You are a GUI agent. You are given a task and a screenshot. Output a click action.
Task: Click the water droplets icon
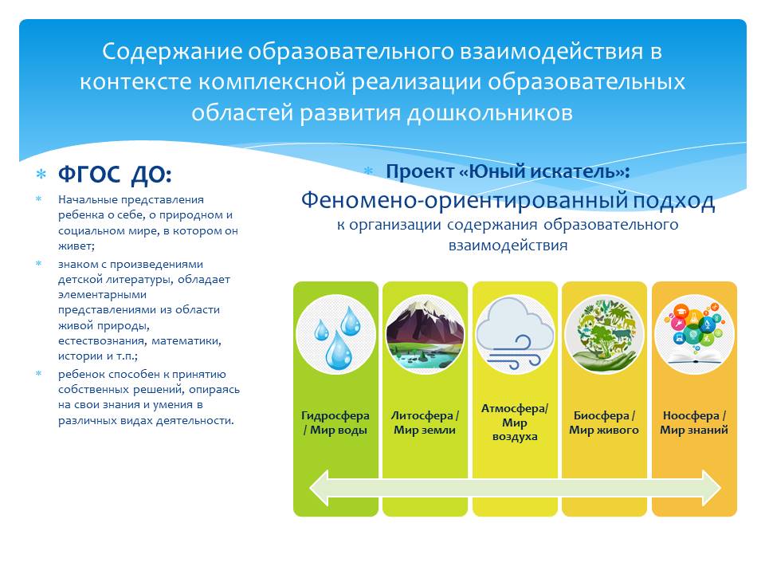point(335,334)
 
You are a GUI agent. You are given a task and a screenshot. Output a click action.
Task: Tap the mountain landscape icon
point(425,334)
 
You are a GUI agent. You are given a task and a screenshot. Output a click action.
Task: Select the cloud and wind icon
point(515,334)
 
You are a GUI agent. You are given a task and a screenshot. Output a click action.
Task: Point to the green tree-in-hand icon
point(605,334)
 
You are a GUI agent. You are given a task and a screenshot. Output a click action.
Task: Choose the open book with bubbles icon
point(694,334)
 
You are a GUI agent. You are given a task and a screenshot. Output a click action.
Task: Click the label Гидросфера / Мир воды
point(335,423)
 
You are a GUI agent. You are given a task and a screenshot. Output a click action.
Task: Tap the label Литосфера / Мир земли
point(425,423)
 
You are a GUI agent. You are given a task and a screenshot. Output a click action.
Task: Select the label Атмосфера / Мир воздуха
point(515,423)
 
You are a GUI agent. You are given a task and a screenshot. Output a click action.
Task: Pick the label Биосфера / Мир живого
point(604,423)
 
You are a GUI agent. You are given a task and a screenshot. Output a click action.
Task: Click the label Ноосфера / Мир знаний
point(694,423)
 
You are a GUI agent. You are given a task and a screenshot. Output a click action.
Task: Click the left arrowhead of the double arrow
point(319,488)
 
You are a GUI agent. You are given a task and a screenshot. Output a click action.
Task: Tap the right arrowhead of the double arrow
point(712,488)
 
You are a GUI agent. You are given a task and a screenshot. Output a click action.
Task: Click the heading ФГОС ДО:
point(115,175)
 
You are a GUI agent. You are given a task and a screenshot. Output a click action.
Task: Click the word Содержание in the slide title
point(172,52)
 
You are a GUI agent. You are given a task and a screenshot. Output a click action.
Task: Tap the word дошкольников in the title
point(489,113)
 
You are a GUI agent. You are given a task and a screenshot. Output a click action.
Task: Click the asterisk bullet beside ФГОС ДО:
point(41,175)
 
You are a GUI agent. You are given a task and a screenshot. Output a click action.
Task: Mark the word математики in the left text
point(186,341)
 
